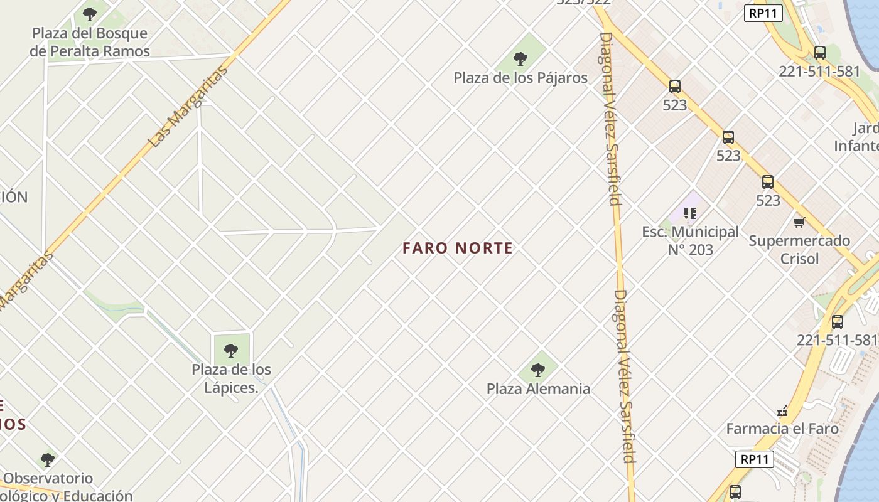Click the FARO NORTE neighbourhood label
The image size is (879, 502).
coord(458,248)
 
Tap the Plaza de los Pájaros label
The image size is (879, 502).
coord(520,78)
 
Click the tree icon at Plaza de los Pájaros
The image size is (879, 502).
coord(520,60)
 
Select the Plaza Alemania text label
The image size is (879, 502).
coord(538,388)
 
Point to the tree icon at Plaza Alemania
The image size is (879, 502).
coord(538,370)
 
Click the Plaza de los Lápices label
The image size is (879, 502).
coord(231,378)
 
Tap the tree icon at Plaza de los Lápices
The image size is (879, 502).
coord(231,350)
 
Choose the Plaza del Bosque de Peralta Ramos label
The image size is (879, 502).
coord(90,42)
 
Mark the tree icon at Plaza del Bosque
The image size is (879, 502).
coord(90,14)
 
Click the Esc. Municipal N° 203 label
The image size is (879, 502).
coord(690,241)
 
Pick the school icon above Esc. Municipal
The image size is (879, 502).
coord(690,213)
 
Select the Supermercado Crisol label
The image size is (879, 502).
coord(799,249)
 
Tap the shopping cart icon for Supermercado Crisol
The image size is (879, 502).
coord(799,222)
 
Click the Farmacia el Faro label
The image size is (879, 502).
coord(782,429)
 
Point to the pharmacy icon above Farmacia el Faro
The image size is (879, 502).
coord(782,412)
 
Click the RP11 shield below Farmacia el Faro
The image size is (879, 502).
coord(755,459)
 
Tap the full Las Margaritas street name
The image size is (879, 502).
coord(188,107)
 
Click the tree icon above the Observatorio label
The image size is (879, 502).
coord(48,459)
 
